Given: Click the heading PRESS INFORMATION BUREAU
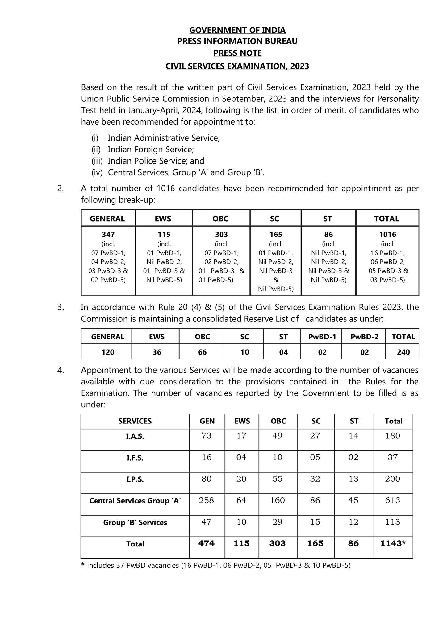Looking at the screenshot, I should point(237,41).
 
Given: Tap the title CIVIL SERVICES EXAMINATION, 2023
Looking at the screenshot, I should point(237,66).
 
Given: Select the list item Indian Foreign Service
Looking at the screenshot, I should point(150,150).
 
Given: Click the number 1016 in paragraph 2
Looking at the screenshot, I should point(166,189).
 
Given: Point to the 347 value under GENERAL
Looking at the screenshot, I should point(108,235).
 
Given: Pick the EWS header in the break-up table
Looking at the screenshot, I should point(163,219).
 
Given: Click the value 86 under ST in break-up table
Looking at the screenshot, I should point(328,235).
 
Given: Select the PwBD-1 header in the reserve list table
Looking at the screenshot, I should point(322,337).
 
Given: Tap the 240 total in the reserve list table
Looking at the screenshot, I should point(403,352).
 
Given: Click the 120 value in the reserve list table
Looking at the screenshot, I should point(107,352).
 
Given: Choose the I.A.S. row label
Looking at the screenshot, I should point(135,437).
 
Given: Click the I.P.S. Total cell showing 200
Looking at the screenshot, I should point(393,479).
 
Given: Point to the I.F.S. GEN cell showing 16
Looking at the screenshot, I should point(207,457).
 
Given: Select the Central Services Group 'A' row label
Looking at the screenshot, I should point(135,501).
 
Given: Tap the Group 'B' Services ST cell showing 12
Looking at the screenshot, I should point(353,522).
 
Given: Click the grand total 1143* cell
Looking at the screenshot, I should point(393,544).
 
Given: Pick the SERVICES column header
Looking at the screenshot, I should point(135,421).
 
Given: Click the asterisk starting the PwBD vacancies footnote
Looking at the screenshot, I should point(83,565).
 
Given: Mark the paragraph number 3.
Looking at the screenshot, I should point(61,308).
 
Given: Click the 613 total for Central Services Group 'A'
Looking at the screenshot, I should point(393,500).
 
